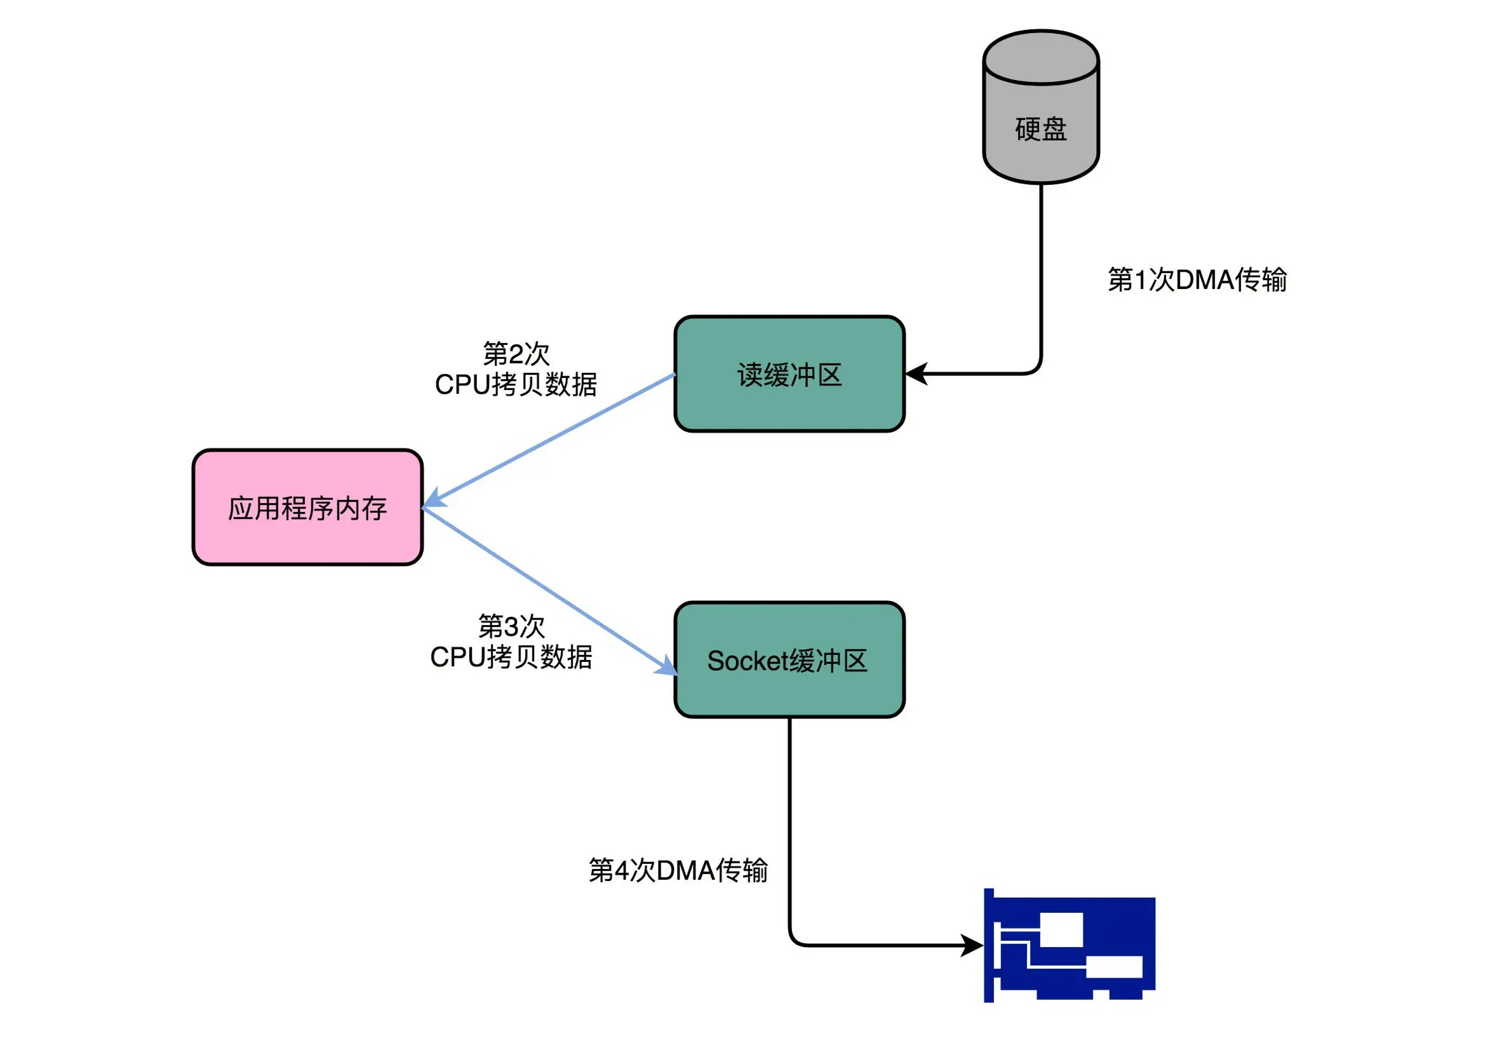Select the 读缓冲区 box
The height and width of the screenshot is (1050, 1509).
(789, 374)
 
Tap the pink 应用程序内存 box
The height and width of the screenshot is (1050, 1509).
(307, 508)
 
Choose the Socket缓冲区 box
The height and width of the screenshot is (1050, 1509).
(789, 660)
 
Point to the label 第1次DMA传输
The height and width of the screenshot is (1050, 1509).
(1197, 279)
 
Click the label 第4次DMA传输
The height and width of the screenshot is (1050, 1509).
(678, 870)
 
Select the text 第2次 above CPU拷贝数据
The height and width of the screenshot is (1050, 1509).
(516, 354)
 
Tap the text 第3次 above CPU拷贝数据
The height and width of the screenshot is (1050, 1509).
(511, 626)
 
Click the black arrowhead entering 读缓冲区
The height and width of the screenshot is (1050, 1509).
(916, 374)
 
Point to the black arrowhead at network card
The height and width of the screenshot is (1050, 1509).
(973, 945)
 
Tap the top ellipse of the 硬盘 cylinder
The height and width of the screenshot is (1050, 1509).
(1040, 58)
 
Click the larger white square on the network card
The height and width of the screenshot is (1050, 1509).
(1061, 930)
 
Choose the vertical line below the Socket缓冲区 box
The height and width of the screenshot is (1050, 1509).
(789, 822)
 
